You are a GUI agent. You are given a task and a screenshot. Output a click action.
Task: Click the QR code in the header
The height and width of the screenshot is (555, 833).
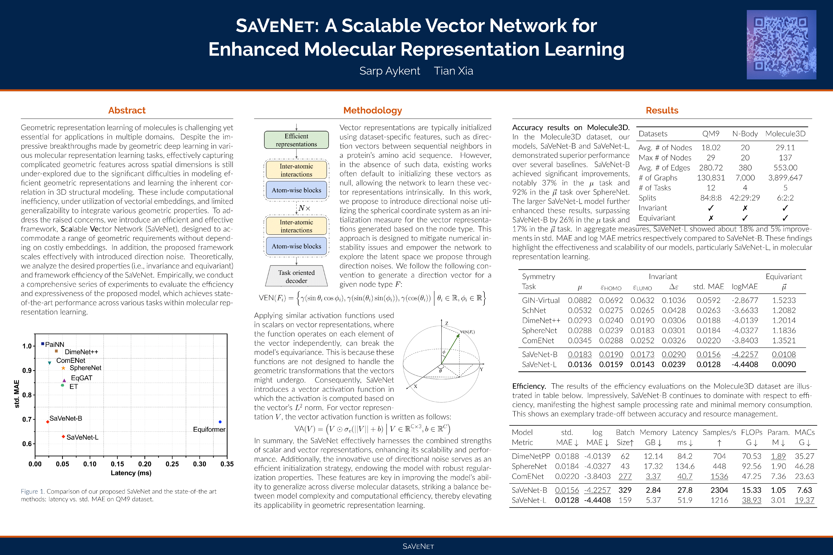pos(781,45)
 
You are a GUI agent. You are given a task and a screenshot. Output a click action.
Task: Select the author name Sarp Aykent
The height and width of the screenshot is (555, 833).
pos(390,71)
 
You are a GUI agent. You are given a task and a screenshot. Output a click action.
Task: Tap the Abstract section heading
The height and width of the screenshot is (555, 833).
pos(127,110)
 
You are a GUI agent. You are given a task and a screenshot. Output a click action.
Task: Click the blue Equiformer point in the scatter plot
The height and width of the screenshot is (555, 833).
pos(220,422)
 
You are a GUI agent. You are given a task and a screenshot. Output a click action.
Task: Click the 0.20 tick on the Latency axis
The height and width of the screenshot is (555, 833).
pos(144,464)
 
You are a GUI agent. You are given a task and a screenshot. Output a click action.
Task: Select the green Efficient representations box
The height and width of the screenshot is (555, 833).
pos(296,140)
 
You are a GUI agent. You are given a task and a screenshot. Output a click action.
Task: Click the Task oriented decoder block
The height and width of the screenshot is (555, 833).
pos(296,276)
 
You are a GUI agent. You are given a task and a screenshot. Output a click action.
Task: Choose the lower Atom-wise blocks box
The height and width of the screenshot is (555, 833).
pos(296,246)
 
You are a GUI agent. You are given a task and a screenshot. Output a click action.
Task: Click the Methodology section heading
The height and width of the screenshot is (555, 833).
pos(373,110)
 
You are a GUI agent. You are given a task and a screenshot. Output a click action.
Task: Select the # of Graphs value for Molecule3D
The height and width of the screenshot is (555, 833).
pos(785,178)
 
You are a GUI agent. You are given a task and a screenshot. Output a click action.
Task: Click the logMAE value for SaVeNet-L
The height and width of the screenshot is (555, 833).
pos(745,364)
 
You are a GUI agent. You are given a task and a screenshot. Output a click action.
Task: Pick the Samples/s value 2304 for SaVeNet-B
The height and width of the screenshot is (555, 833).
pos(719,490)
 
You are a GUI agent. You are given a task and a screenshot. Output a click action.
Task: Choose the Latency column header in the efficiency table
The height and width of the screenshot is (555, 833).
pos(685,432)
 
